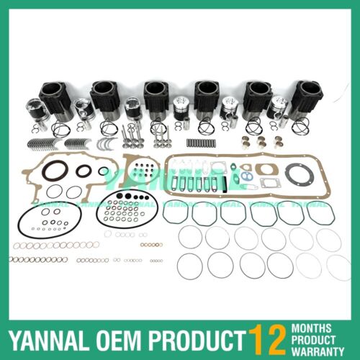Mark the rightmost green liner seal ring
pyautogui.click(x=320, y=213)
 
